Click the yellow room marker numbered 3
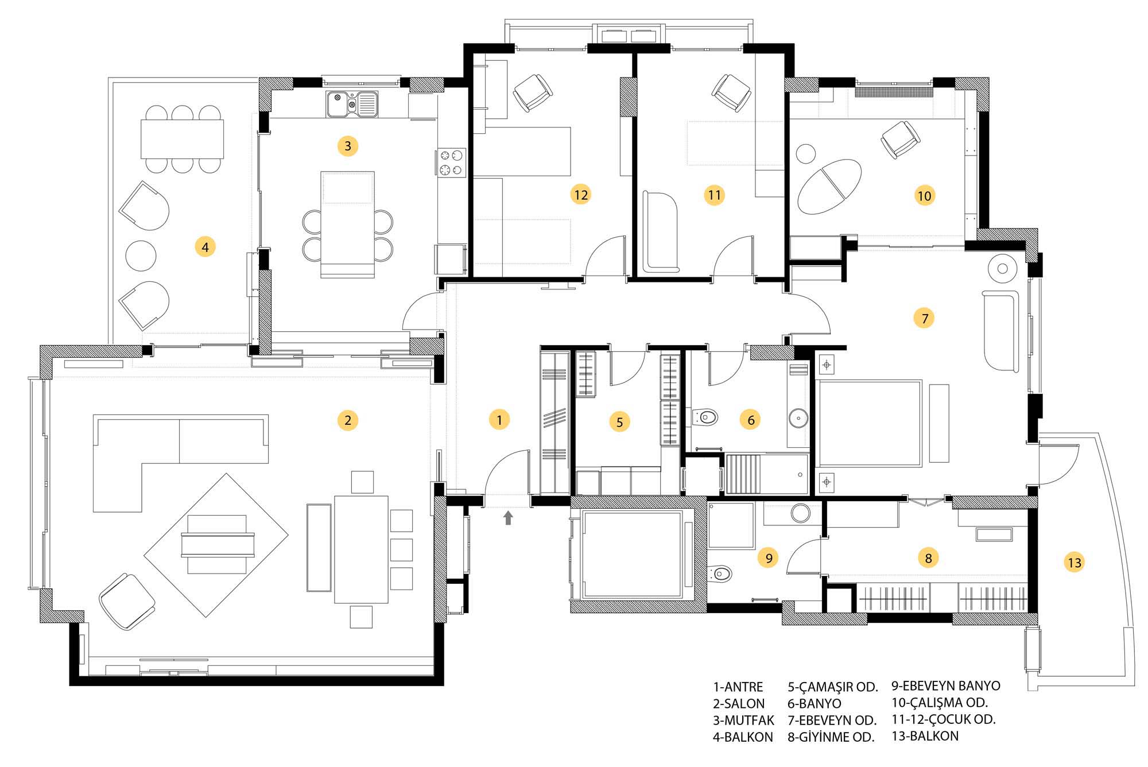[348, 146]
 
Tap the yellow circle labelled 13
[1075, 563]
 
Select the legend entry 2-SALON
[739, 703]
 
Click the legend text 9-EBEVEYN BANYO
[946, 685]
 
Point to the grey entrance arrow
[508, 518]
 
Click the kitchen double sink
[352, 104]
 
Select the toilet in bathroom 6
[705, 417]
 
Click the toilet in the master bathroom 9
[720, 573]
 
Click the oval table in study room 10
[829, 187]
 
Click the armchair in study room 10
[901, 140]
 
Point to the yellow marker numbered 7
[924, 318]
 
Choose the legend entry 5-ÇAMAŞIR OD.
[833, 687]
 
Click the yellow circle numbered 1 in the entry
[499, 420]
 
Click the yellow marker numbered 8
[928, 557]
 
